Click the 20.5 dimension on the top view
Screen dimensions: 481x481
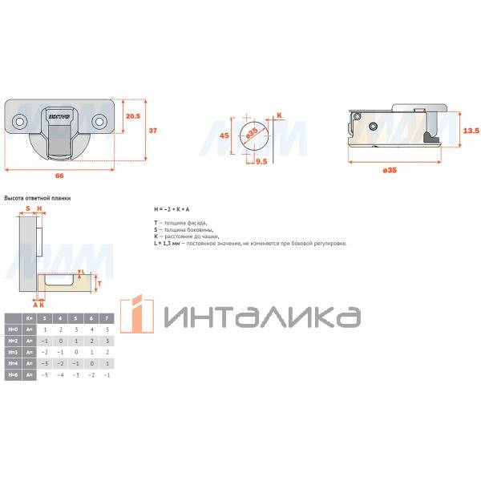point(133,116)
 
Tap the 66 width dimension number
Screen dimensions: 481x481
point(59,176)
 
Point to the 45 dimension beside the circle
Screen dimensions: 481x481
point(225,135)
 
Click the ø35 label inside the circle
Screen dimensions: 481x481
point(252,131)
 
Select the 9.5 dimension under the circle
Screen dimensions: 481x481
point(261,161)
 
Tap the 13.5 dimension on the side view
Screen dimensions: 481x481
point(471,129)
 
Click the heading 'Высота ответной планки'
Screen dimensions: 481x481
point(38,196)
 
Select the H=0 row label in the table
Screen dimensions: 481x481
point(12,329)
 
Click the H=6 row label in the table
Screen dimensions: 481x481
point(12,374)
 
